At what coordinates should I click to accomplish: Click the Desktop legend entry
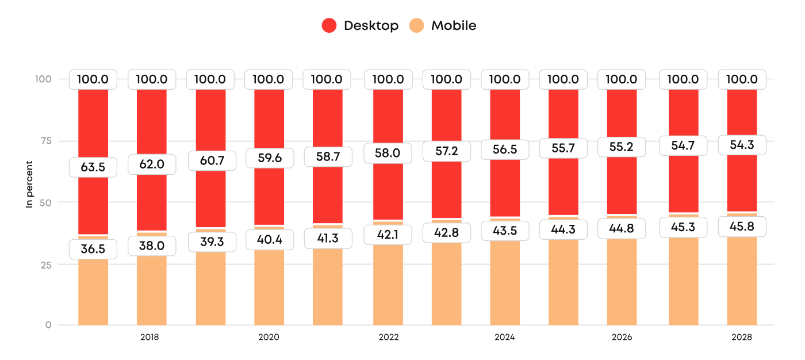[x=360, y=26]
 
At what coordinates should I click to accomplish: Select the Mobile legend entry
[x=443, y=26]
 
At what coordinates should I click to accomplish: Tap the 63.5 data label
[x=93, y=167]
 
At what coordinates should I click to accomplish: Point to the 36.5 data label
[x=93, y=249]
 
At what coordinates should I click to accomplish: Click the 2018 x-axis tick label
[x=149, y=338]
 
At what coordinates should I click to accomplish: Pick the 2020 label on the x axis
[x=269, y=338]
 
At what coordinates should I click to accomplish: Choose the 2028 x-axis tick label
[x=742, y=338]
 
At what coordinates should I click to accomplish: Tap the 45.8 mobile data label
[x=742, y=227]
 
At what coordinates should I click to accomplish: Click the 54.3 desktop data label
[x=742, y=145]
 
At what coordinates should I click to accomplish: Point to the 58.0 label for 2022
[x=388, y=154]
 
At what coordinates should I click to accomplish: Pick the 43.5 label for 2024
[x=505, y=231]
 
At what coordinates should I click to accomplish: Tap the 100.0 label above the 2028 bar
[x=742, y=79]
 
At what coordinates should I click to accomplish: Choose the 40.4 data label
[x=270, y=239]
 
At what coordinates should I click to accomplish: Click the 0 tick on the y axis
[x=48, y=325]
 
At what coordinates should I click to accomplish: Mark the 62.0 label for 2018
[x=152, y=164]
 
